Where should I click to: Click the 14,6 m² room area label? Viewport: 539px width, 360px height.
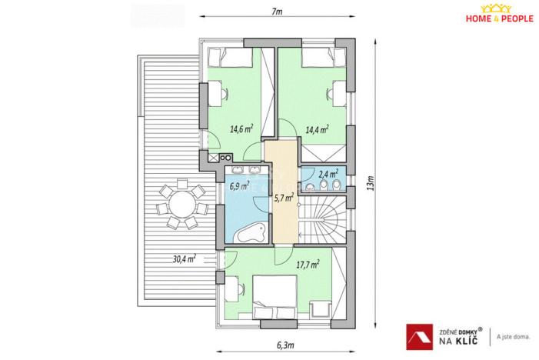point(241,129)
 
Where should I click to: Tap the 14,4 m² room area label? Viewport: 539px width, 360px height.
point(317,129)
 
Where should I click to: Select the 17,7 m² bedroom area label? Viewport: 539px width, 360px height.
point(308,264)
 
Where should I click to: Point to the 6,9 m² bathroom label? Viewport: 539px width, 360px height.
point(239,185)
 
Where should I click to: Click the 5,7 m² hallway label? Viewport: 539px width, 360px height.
point(284,197)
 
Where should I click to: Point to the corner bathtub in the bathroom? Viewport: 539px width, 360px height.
point(251,233)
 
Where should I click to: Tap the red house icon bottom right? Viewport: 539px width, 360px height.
point(418,336)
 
